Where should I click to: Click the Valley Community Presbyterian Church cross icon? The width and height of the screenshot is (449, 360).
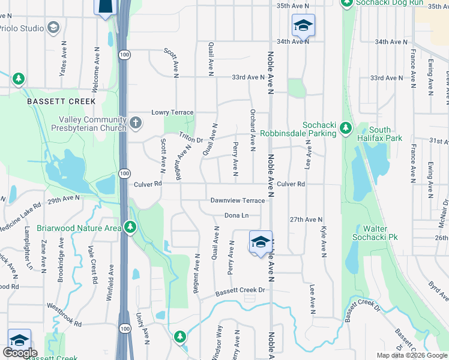136,124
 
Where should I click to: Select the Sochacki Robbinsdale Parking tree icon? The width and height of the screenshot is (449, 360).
345,127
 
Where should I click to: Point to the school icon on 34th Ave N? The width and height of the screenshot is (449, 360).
303,25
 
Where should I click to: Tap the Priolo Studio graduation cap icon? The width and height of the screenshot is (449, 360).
53,28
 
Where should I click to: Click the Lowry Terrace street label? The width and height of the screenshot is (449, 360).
172,112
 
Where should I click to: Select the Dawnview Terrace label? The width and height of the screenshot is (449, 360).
237,200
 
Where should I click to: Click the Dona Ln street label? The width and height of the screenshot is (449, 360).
236,215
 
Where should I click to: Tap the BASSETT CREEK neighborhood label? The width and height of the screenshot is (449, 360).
53,102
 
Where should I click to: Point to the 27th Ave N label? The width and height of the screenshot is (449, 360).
306,220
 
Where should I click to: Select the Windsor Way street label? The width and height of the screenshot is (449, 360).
217,343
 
